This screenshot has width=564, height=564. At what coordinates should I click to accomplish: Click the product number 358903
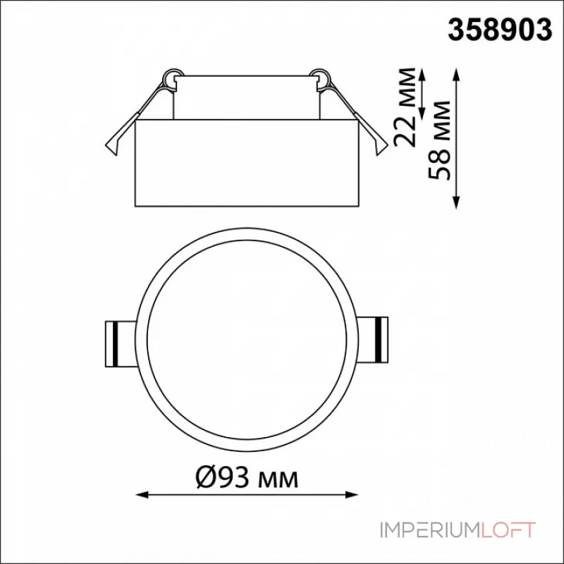500,30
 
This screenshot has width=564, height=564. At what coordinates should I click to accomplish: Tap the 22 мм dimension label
405,107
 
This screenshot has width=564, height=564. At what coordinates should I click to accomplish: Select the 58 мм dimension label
439,140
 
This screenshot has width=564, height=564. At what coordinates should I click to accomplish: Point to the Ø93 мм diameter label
247,478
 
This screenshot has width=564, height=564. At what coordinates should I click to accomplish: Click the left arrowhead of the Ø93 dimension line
142,495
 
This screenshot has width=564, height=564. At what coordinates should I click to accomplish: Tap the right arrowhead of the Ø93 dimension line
352,495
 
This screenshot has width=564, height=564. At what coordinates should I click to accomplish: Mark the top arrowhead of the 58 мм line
456,75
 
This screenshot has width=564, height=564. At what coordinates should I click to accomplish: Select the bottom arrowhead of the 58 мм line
456,202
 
